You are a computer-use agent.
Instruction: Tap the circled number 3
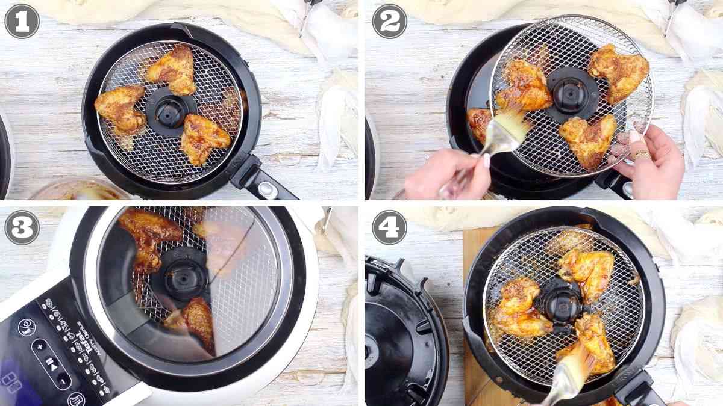click(x=22, y=228)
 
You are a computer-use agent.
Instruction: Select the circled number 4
click(x=389, y=228)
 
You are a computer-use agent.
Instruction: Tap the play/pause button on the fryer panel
click(x=52, y=363)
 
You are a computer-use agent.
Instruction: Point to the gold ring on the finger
click(x=640, y=155)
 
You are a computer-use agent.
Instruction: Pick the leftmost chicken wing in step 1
click(x=121, y=108)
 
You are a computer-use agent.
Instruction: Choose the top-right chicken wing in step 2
click(x=619, y=72)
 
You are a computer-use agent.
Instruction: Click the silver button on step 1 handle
click(x=266, y=189)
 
